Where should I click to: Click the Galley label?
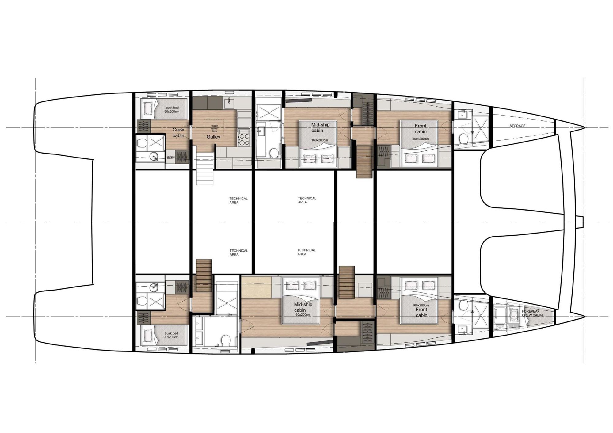tap(213, 137)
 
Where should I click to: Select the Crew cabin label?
tap(178, 132)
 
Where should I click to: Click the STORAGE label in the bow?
tap(517, 126)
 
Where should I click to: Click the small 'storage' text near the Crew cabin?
tap(170, 157)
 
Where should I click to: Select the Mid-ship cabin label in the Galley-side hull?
tap(320, 127)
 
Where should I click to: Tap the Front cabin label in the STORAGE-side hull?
tap(421, 128)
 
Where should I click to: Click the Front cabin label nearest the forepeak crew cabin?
tap(421, 312)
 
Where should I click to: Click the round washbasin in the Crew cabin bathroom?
tap(154, 157)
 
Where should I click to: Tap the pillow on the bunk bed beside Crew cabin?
tap(147, 107)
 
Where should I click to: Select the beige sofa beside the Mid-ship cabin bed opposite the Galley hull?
tap(256, 287)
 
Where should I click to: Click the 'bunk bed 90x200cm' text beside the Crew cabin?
tap(172, 110)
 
